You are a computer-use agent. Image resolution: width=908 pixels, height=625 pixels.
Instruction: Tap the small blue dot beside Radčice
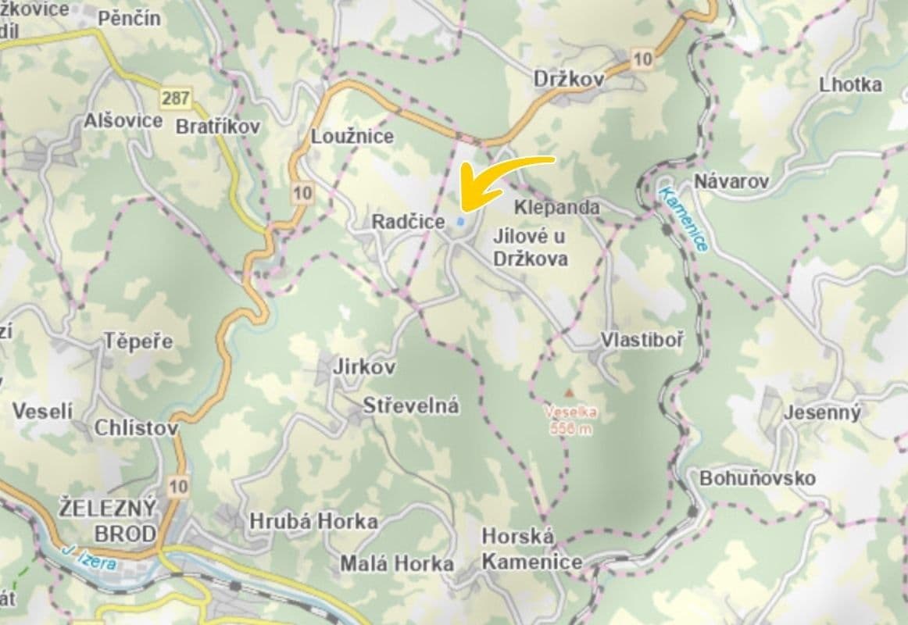pos(460,222)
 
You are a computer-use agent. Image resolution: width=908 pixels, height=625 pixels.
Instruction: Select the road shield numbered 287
pos(175,98)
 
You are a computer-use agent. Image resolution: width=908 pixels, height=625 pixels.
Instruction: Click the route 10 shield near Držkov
pos(643,59)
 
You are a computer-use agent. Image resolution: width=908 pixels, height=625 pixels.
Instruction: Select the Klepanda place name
pos(557,207)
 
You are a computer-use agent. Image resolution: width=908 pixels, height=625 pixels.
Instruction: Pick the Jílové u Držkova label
pos(531,248)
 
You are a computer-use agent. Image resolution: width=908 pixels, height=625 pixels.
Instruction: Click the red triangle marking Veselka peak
pos(570,391)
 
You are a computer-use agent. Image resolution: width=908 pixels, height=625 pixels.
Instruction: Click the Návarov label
pos(731,182)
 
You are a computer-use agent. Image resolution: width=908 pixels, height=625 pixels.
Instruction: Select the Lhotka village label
pos(850,84)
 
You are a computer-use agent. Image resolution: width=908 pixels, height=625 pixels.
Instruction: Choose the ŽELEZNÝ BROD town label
pos(108,520)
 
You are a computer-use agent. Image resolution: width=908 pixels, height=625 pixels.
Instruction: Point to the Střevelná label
pos(411,406)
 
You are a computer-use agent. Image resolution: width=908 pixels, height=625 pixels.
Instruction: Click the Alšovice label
pos(123,121)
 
